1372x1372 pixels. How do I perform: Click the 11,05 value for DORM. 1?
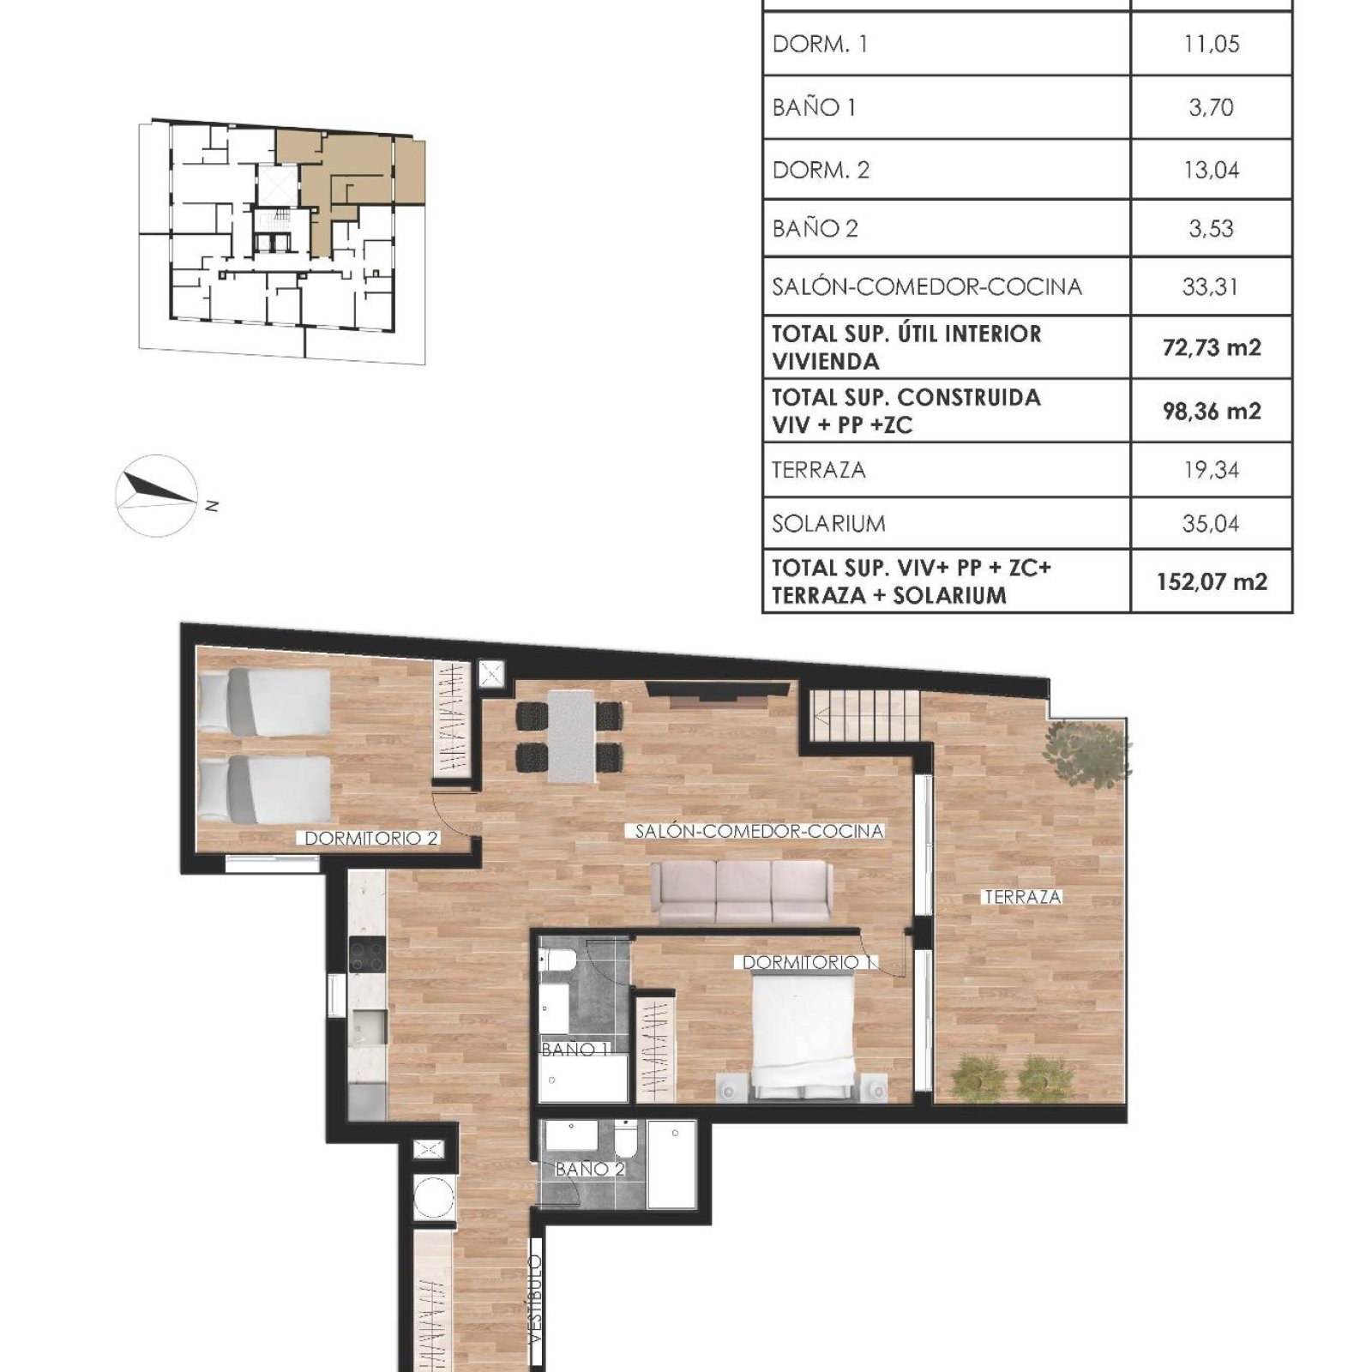click(x=1211, y=44)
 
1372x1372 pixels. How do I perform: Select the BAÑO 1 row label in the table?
click(x=814, y=107)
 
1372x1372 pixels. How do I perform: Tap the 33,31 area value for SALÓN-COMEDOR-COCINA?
click(x=1210, y=286)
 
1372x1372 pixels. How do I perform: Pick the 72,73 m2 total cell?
click(x=1212, y=347)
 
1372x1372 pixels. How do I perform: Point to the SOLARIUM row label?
click(x=828, y=523)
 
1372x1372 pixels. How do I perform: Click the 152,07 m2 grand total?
click(x=1212, y=581)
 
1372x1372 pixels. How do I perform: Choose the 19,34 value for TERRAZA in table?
click(x=1211, y=470)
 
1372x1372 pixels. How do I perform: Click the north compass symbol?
click(x=157, y=496)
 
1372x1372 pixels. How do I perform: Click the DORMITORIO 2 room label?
click(x=371, y=839)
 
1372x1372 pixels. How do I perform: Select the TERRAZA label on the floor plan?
click(x=1022, y=897)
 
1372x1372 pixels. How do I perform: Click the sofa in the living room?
click(x=742, y=892)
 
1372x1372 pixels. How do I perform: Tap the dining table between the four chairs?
click(x=571, y=737)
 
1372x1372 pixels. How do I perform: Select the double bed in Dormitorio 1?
click(x=803, y=1037)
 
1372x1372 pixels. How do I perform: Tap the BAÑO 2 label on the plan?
click(x=590, y=1169)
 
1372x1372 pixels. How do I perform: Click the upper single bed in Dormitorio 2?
click(x=264, y=702)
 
